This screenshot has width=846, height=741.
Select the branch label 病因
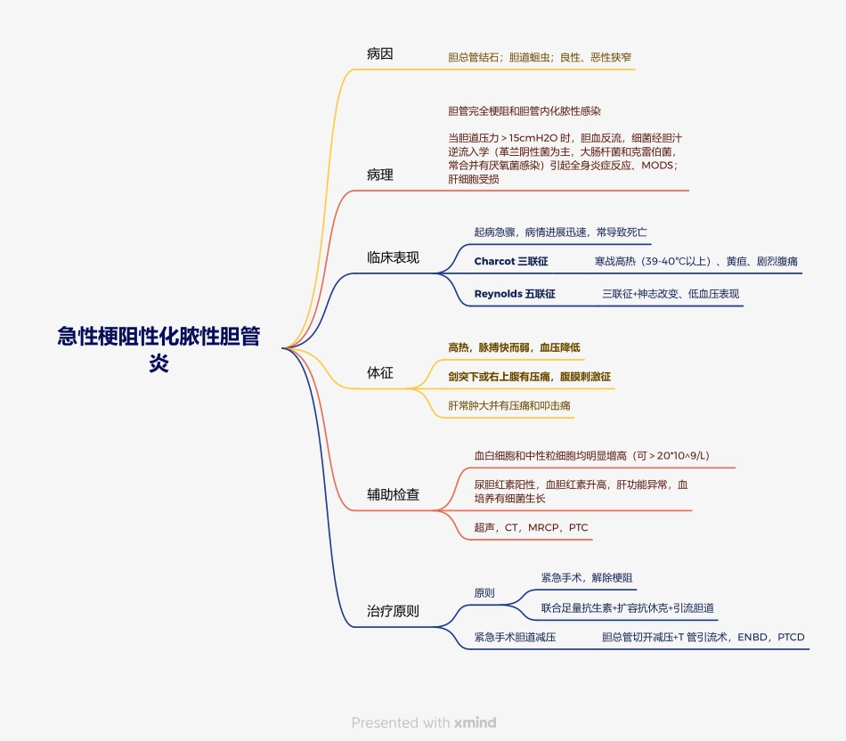click(x=379, y=53)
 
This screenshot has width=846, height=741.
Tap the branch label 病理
click(x=379, y=175)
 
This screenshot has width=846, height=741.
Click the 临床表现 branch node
click(x=393, y=257)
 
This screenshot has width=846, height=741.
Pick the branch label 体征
click(x=379, y=372)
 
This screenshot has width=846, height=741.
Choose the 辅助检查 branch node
click(x=393, y=493)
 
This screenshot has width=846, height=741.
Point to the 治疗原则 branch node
click(x=393, y=611)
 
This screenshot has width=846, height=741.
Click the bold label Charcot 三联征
click(x=510, y=261)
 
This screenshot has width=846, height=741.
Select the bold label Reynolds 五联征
click(x=514, y=293)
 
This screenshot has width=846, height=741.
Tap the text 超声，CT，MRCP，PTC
click(x=531, y=527)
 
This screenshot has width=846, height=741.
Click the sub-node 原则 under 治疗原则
click(x=484, y=592)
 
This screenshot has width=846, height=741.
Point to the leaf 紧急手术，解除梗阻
click(x=586, y=577)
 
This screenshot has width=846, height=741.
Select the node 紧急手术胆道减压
click(x=515, y=637)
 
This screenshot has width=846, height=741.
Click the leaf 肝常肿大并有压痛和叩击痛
click(x=509, y=405)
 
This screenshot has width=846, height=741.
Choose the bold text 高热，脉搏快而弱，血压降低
click(x=514, y=346)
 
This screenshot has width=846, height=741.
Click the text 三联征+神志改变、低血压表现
click(x=670, y=293)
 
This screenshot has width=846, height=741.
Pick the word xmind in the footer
click(x=475, y=722)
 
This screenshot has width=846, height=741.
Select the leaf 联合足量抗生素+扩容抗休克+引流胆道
click(x=627, y=608)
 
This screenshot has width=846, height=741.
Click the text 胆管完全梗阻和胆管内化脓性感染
click(x=525, y=111)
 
